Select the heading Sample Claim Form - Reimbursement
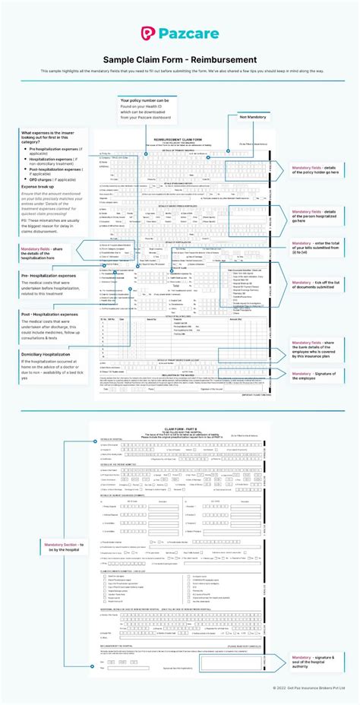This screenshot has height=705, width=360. (x=180, y=59)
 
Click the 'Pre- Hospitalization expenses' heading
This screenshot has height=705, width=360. (x=49, y=275)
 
